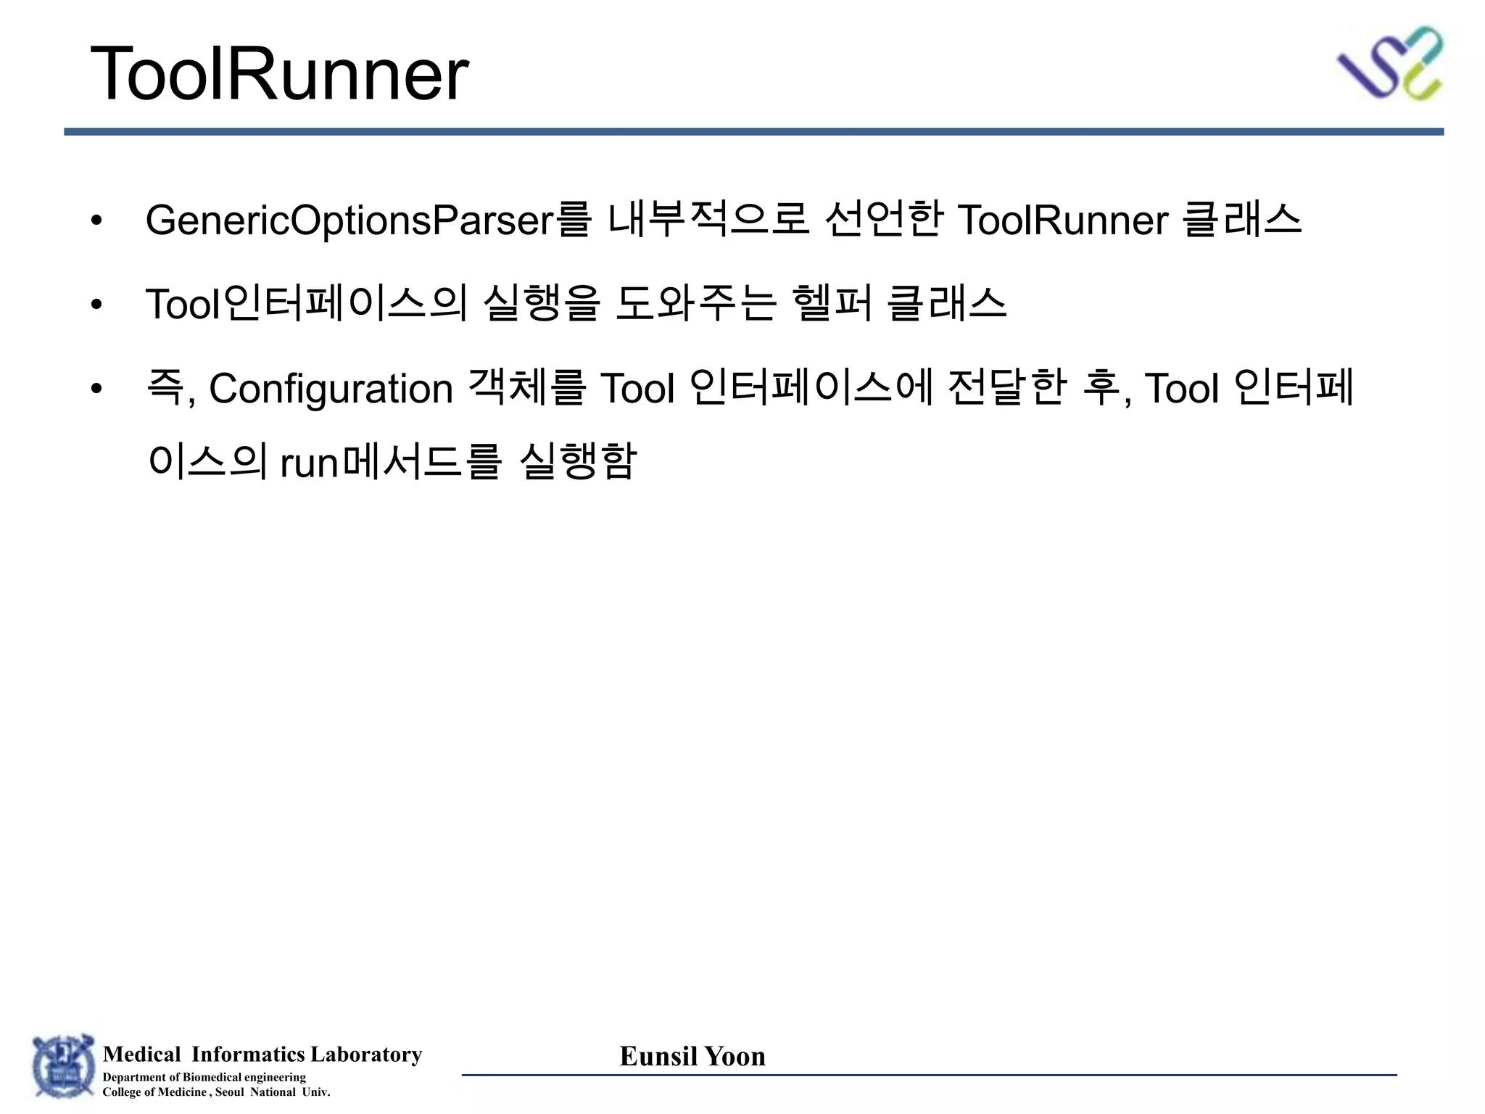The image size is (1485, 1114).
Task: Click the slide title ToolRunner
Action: pos(279,74)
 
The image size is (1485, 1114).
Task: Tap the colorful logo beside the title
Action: pos(1390,64)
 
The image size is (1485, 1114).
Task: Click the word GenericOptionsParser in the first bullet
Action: pos(349,220)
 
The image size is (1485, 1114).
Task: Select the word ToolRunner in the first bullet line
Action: pos(1062,220)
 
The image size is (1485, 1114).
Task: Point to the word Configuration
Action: pos(331,389)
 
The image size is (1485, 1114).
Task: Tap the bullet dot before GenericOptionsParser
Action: pos(96,220)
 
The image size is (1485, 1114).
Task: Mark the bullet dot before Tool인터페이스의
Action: pos(96,305)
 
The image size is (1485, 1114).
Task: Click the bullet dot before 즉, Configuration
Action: pos(96,389)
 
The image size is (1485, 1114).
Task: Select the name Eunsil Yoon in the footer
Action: pos(692,1056)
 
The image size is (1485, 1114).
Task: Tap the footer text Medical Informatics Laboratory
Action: pos(262,1054)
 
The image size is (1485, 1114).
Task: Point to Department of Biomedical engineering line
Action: pos(204,1077)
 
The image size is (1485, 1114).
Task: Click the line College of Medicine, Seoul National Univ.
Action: pos(216,1092)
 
